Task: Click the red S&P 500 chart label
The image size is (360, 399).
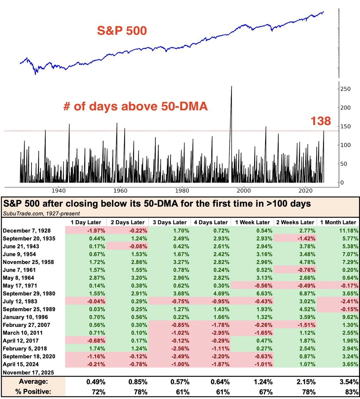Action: tap(122, 31)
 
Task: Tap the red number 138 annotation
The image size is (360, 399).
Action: tap(321, 121)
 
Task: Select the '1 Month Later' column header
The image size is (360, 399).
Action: tap(338, 222)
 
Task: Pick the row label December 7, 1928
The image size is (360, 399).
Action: tap(25, 230)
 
